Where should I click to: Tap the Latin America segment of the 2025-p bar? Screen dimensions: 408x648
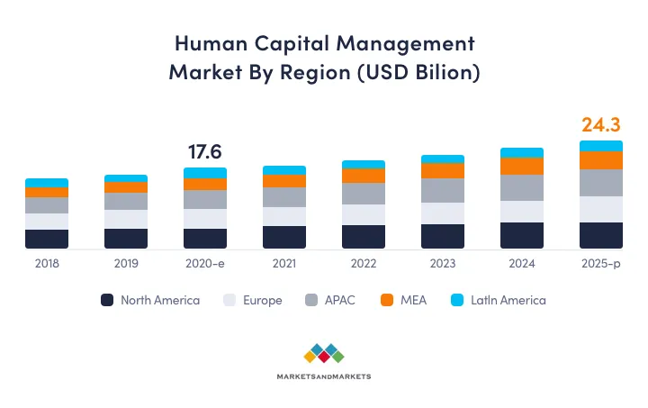(600, 146)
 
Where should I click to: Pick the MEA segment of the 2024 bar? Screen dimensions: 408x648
(522, 166)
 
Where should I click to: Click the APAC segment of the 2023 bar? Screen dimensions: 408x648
(443, 190)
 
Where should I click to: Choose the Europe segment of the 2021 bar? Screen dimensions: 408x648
(284, 216)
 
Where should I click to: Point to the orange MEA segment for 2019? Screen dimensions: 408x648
(126, 187)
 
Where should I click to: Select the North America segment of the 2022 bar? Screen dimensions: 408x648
(364, 236)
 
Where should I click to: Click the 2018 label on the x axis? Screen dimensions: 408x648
(47, 264)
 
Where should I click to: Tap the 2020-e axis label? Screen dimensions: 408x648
(205, 264)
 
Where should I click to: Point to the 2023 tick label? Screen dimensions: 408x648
(443, 264)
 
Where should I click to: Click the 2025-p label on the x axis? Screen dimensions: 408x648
(600, 264)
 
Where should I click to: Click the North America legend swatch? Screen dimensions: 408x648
(108, 300)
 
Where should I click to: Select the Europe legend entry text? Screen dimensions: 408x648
(262, 300)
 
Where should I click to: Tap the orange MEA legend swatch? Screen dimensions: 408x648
(386, 300)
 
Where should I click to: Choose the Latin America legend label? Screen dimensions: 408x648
(508, 300)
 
